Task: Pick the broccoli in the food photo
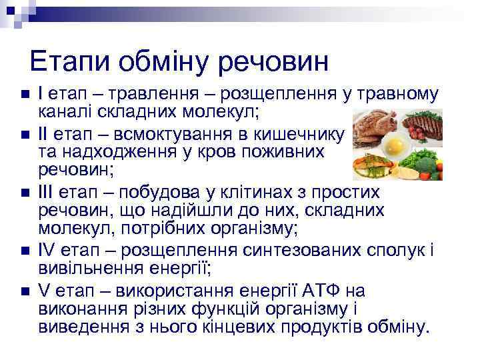(427, 161)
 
